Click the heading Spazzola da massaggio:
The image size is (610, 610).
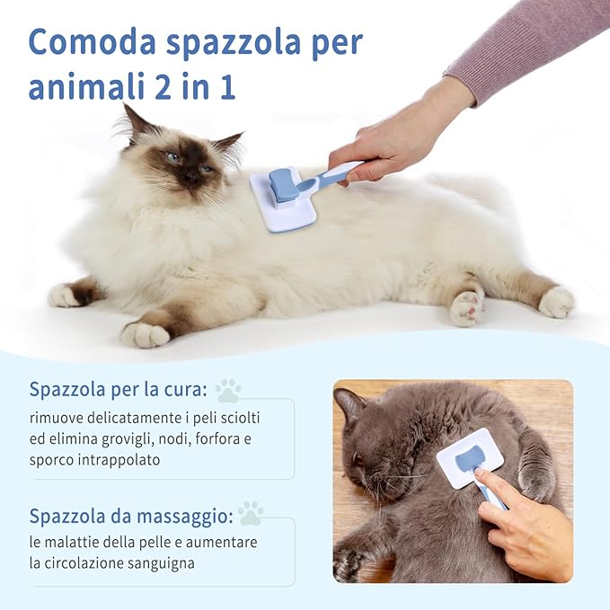(x=131, y=516)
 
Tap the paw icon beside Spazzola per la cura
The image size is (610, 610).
(x=228, y=391)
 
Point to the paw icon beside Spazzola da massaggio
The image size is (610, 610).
(x=251, y=513)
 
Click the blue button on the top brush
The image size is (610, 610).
(x=285, y=184)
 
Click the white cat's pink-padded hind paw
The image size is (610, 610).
(x=467, y=308)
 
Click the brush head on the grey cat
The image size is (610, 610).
(x=469, y=457)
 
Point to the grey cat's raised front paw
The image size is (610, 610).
(x=537, y=476)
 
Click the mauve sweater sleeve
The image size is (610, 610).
(x=530, y=40)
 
